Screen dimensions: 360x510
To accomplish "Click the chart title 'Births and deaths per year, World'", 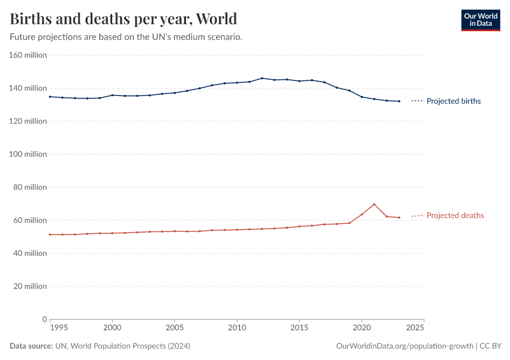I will (x=124, y=19).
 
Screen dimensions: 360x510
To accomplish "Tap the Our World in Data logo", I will (x=480, y=20).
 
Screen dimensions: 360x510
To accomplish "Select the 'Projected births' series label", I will (x=453, y=101).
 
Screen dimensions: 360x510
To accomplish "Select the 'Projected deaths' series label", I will (x=455, y=215).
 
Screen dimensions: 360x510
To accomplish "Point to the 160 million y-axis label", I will (x=28, y=55).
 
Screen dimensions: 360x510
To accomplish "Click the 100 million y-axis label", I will (x=28, y=154).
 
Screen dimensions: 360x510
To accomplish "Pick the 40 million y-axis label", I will (x=30, y=253).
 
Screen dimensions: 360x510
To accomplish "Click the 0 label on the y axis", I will (x=44, y=319).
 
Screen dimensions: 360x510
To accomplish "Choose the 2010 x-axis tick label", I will (x=237, y=328).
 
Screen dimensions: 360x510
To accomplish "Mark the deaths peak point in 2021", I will (x=374, y=204).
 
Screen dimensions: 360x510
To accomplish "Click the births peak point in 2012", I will (x=262, y=78).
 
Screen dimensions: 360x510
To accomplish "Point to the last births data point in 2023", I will (x=399, y=101).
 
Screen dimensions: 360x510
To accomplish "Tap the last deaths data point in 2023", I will (x=399, y=218).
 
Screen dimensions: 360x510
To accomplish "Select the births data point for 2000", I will (x=112, y=95).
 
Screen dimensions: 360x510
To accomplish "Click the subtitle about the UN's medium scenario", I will (x=126, y=37).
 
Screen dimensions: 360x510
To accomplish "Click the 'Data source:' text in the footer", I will (x=31, y=346).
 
